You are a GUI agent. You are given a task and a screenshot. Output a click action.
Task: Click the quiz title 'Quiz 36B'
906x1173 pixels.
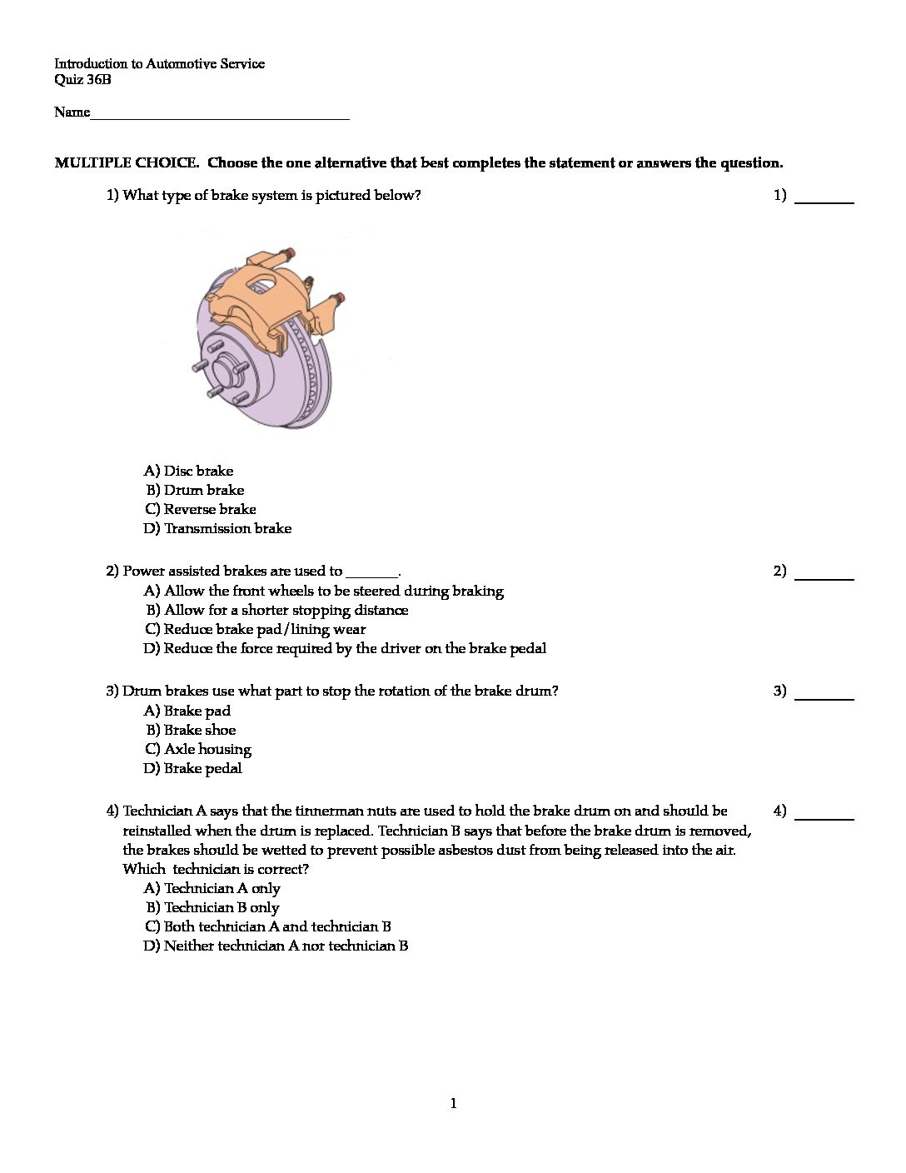tap(82, 80)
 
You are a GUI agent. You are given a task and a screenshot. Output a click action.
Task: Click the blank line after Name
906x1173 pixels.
tap(220, 115)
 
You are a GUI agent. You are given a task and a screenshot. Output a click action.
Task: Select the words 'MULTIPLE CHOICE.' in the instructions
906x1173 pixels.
tap(127, 162)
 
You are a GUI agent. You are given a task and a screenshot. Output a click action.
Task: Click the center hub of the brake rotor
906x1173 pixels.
tap(223, 367)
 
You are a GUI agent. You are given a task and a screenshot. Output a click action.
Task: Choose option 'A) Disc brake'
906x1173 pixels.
tap(189, 471)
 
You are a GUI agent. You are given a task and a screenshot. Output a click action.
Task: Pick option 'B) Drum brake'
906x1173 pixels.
tap(195, 490)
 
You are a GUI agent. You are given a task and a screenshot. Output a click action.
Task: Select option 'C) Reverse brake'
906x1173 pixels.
tap(201, 509)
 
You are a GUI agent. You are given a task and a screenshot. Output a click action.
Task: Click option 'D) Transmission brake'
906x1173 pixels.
tap(218, 528)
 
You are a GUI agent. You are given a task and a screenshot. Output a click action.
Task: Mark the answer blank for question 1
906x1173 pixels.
tap(824, 198)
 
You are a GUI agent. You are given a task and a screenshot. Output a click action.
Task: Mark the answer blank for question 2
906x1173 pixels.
tap(824, 574)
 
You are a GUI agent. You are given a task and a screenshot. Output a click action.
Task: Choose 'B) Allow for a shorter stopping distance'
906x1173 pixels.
tap(277, 610)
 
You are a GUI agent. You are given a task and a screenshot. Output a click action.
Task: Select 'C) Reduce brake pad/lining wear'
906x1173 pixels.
tap(256, 629)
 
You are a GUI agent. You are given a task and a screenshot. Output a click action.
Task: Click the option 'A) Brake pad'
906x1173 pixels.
tap(187, 711)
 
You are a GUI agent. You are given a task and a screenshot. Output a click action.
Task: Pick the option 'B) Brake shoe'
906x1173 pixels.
tap(191, 730)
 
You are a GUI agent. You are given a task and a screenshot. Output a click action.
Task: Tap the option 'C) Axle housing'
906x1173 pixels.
tap(198, 749)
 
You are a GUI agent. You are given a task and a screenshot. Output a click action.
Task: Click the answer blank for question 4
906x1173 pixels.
tap(824, 814)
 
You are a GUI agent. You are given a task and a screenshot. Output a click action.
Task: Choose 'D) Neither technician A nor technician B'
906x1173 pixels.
tap(276, 946)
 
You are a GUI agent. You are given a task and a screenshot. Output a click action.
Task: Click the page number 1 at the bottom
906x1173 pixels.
tap(453, 1104)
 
